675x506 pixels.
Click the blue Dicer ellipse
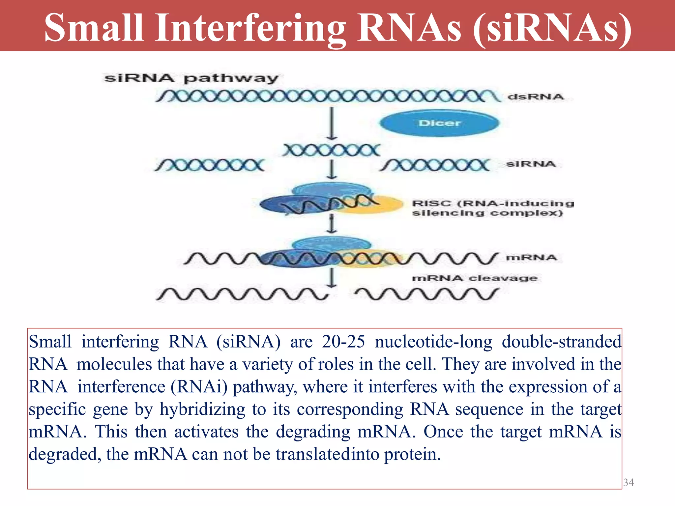[x=439, y=123]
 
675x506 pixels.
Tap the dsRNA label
[x=536, y=97]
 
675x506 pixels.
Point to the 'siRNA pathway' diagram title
[x=191, y=78]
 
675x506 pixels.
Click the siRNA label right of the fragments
[x=531, y=164]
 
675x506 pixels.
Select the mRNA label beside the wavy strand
[x=531, y=257]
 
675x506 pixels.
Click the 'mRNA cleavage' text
[x=475, y=278]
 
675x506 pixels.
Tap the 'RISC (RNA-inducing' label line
[x=493, y=203]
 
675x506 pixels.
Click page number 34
[x=629, y=482]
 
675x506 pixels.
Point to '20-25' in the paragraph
[x=343, y=342]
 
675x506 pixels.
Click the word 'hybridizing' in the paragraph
[x=202, y=409]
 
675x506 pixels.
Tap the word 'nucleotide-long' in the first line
[x=433, y=342]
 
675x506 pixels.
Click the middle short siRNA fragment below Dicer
[x=331, y=150]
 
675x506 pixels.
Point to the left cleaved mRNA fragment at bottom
[x=242, y=294]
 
